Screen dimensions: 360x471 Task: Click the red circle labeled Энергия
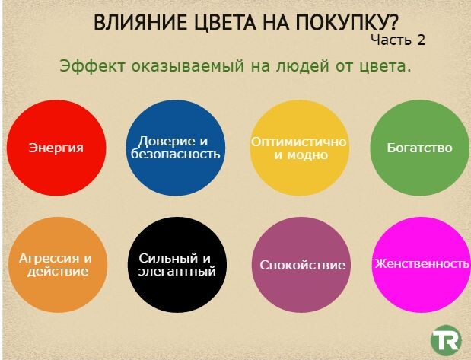point(56,148)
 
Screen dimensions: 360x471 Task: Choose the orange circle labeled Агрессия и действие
point(56,264)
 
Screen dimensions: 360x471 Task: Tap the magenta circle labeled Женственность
point(420,264)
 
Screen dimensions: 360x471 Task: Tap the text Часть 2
point(398,40)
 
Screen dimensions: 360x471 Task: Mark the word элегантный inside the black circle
point(177,271)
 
